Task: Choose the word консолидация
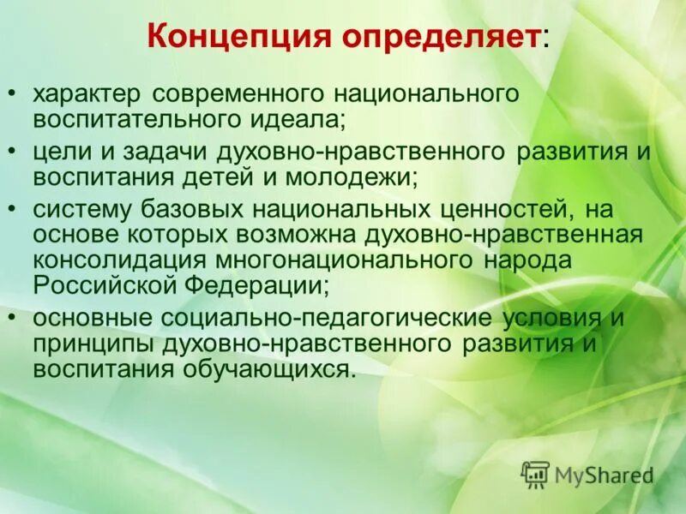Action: (115, 259)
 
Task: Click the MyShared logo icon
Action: (536, 474)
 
